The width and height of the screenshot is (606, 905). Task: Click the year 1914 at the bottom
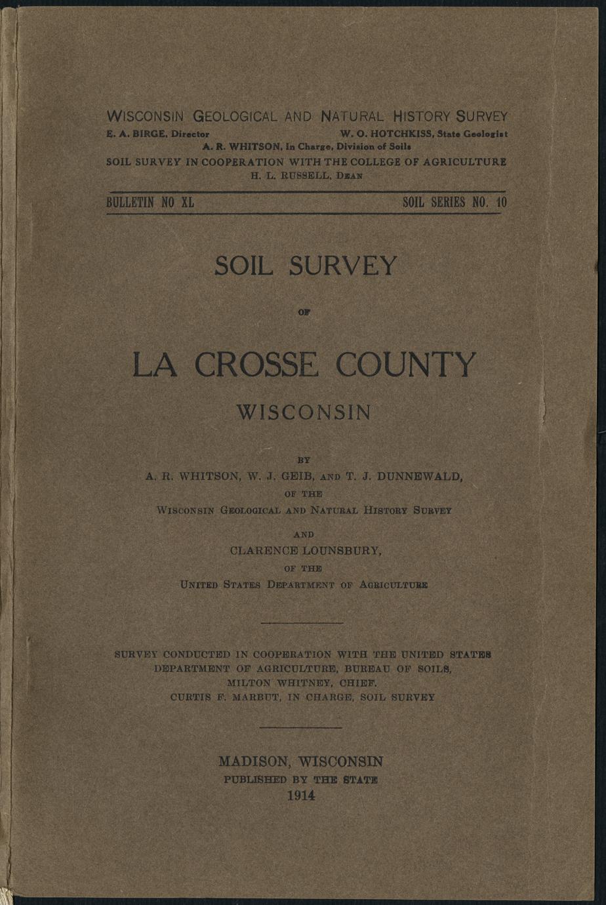pos(301,795)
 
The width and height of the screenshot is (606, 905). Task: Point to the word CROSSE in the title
pos(262,365)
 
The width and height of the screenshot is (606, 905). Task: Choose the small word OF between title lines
pos(303,313)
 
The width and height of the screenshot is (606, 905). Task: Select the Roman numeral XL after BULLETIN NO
pos(186,203)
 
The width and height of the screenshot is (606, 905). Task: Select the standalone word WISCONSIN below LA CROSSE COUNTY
pos(303,412)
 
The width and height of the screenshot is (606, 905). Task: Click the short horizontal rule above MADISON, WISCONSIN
pos(301,727)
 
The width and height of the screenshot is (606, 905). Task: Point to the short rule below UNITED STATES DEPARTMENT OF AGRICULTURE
pos(302,622)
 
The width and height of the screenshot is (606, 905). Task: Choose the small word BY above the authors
pos(303,461)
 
